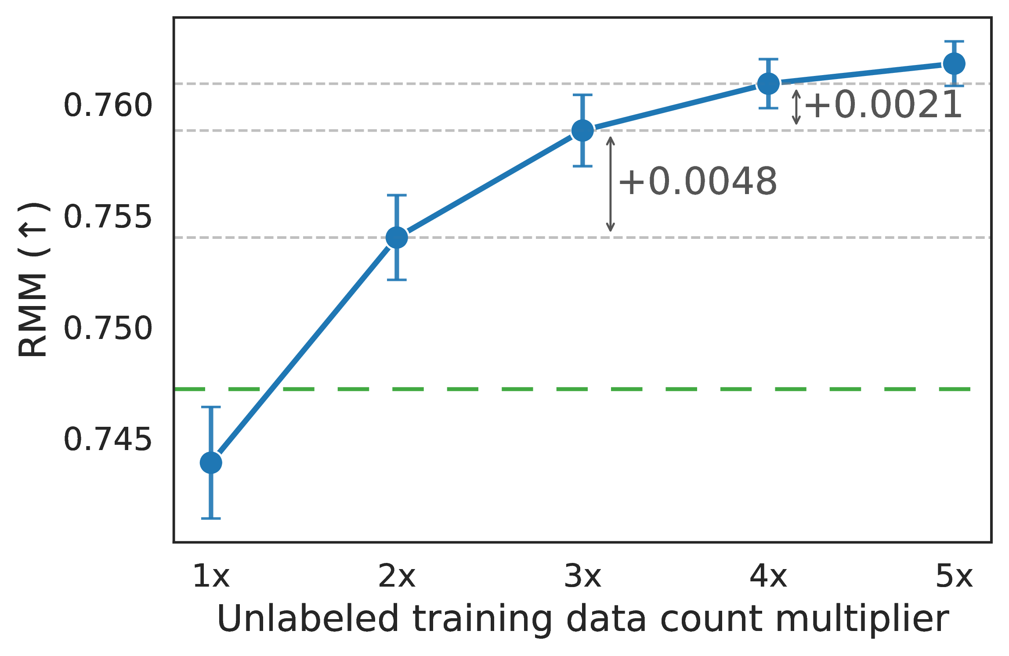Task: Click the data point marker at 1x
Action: (x=211, y=463)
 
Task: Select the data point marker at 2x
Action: (x=397, y=238)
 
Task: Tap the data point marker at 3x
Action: (x=582, y=130)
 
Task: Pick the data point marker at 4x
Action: (x=768, y=83)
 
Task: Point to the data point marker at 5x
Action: (x=954, y=64)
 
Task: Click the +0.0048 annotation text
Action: (x=698, y=182)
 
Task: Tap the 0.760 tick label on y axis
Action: (x=108, y=106)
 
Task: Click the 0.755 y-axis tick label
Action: (x=108, y=217)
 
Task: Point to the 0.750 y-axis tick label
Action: (x=108, y=329)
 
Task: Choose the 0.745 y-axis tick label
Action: (x=108, y=440)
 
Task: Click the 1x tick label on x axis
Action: (x=211, y=577)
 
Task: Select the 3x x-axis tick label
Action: (x=582, y=577)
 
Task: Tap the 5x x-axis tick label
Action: (x=954, y=577)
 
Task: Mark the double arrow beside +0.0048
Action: (x=610, y=184)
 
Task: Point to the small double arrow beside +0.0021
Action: (x=796, y=107)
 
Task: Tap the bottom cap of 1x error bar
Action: (x=211, y=519)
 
